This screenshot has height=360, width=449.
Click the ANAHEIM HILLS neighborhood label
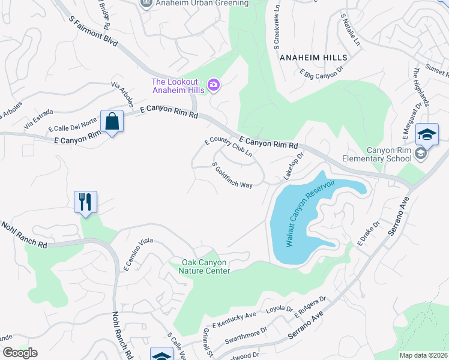click(x=313, y=57)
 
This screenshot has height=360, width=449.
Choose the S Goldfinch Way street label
click(x=232, y=175)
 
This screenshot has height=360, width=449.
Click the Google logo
click(x=20, y=353)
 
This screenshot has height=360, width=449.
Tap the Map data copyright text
click(x=423, y=355)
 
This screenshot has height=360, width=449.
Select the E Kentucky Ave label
click(x=234, y=318)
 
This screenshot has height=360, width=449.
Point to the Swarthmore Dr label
click(x=246, y=335)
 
